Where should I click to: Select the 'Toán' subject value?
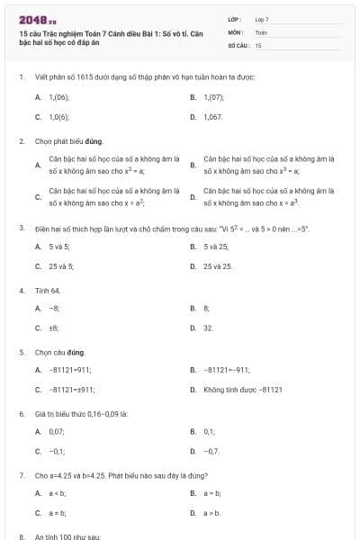[261, 31]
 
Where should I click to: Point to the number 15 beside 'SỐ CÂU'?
[258, 44]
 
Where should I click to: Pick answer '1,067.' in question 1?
[213, 117]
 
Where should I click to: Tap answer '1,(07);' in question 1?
[213, 95]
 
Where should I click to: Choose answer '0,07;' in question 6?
[57, 432]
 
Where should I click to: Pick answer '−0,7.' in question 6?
[211, 451]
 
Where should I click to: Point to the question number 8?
[21, 535]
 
